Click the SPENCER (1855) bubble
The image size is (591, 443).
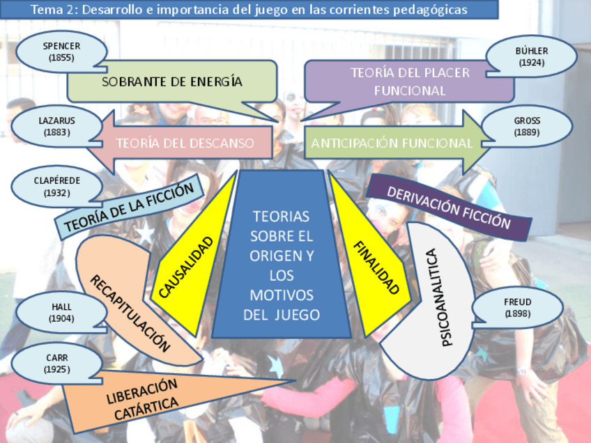(x=61, y=52)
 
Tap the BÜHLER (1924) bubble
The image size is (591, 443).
(x=532, y=56)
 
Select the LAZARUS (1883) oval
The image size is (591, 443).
(x=56, y=126)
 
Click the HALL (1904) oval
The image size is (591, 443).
(x=61, y=312)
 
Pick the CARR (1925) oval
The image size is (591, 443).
(x=57, y=363)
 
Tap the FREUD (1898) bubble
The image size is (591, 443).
(x=517, y=307)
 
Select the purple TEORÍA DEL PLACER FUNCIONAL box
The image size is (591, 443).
(x=410, y=81)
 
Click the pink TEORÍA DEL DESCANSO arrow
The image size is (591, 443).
(x=185, y=143)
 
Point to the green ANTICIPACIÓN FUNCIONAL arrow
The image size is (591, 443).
(x=392, y=143)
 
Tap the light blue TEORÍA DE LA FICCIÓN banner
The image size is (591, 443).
(x=128, y=206)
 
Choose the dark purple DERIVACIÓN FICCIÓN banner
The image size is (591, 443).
(x=449, y=207)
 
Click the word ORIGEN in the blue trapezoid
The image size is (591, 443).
(x=282, y=256)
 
